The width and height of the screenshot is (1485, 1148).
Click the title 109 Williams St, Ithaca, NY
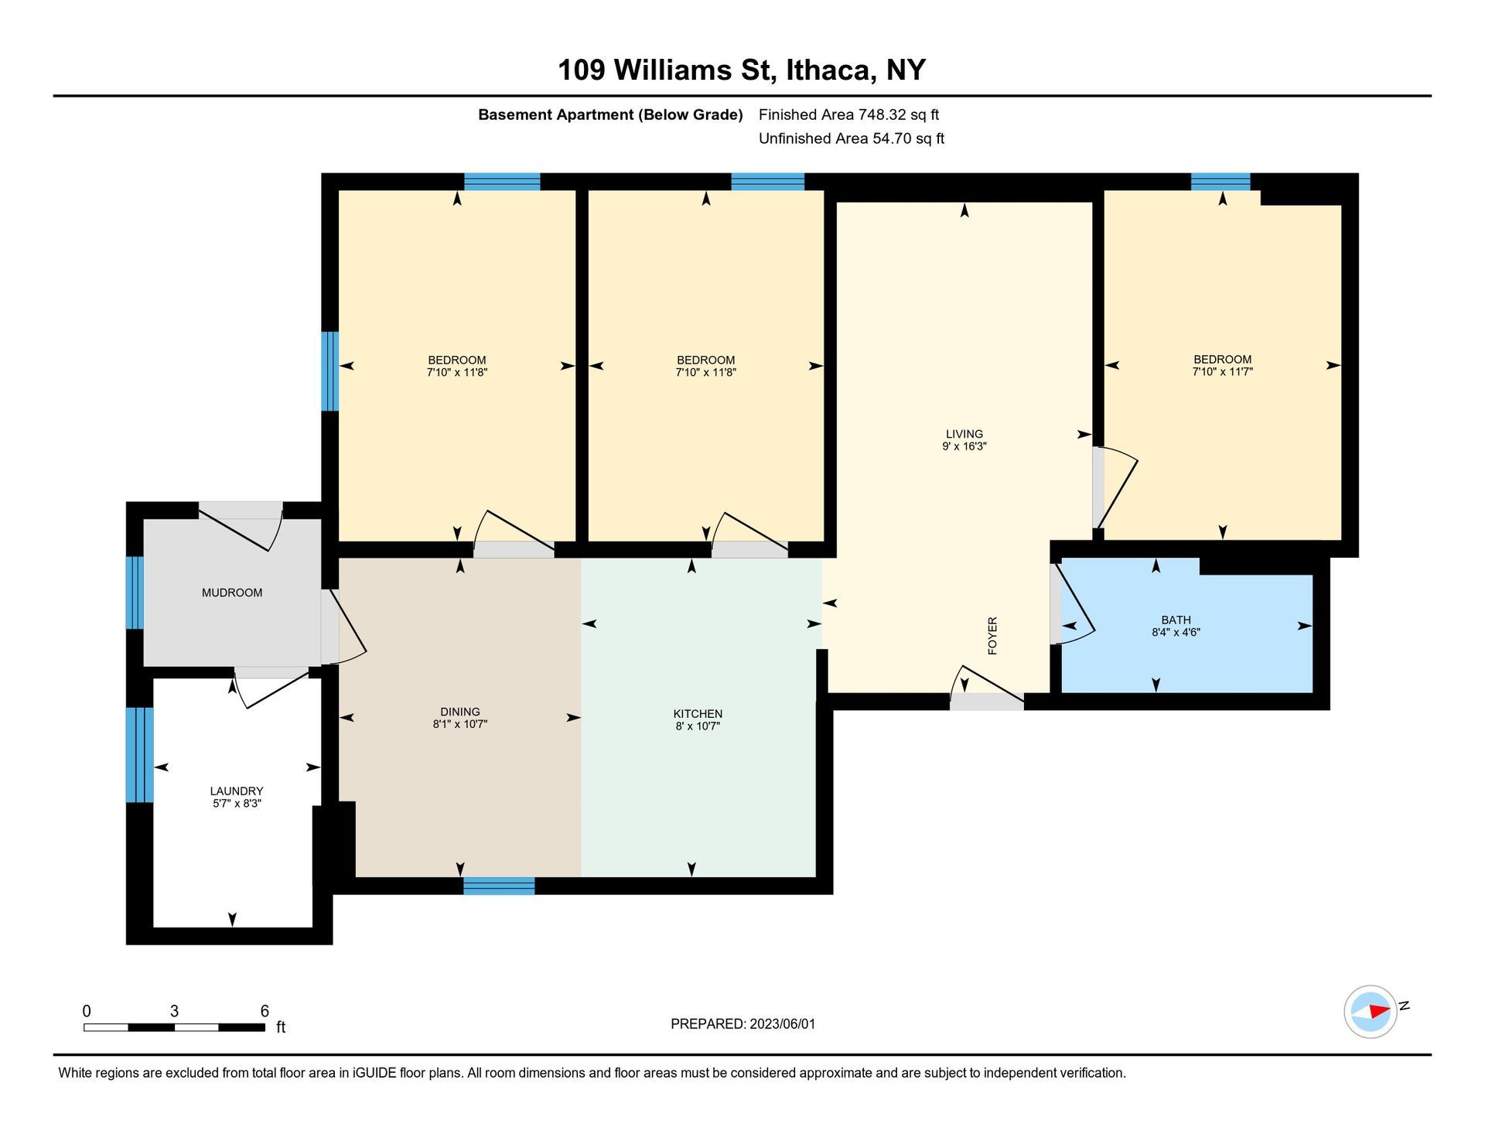click(742, 70)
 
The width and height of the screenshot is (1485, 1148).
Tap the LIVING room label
click(964, 434)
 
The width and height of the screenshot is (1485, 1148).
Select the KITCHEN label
click(698, 714)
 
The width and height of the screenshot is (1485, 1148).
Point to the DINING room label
click(460, 712)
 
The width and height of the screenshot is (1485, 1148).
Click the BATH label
click(1176, 620)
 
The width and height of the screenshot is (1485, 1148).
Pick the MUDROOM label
click(232, 593)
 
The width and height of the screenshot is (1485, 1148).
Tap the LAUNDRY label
click(237, 791)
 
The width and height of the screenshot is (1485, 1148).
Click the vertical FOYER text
click(992, 636)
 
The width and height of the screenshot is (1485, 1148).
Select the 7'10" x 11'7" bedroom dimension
click(1222, 372)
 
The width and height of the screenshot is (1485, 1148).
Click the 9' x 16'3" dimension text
click(964, 446)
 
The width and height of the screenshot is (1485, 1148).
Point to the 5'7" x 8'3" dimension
click(237, 803)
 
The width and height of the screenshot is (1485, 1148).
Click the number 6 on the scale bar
click(265, 1011)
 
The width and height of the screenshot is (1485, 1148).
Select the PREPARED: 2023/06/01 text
click(742, 1023)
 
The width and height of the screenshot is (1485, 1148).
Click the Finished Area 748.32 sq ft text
click(848, 114)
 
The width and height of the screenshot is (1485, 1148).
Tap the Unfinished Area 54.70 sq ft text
click(852, 138)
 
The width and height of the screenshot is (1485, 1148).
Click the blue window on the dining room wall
click(499, 886)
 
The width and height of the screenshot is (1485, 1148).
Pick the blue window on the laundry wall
click(140, 754)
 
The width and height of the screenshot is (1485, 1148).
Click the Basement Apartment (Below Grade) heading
click(610, 114)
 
